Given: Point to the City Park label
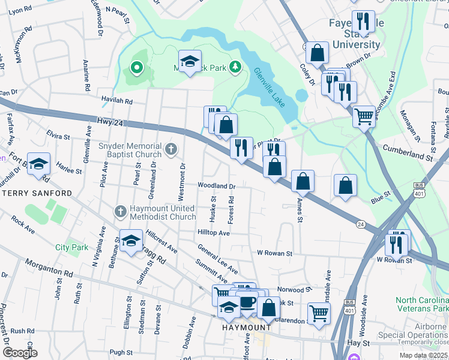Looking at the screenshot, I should pyautogui.click(x=71, y=247).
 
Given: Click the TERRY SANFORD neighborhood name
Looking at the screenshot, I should pyautogui.click(x=36, y=193).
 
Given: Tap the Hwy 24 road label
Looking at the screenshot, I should pyautogui.click(x=109, y=122).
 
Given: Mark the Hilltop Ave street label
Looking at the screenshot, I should pyautogui.click(x=214, y=232).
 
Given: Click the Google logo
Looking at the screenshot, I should pyautogui.click(x=19, y=352).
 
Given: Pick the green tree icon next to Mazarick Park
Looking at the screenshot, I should pyautogui.click(x=236, y=67).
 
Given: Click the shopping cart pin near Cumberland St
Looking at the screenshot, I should pyautogui.click(x=364, y=115).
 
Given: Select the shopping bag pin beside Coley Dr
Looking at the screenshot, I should pyautogui.click(x=317, y=53).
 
